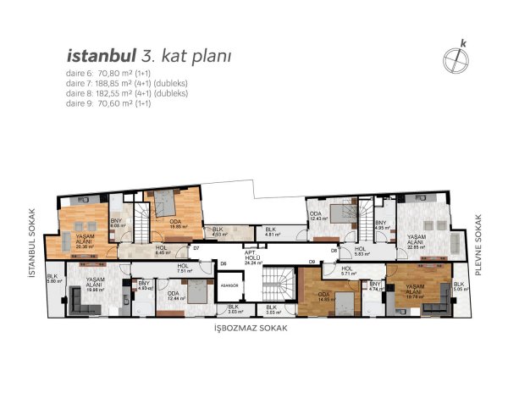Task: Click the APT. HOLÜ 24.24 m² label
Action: (251, 257)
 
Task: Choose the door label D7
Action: (196, 248)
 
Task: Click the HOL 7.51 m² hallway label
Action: (182, 270)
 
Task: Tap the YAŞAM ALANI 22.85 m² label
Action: (417, 242)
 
